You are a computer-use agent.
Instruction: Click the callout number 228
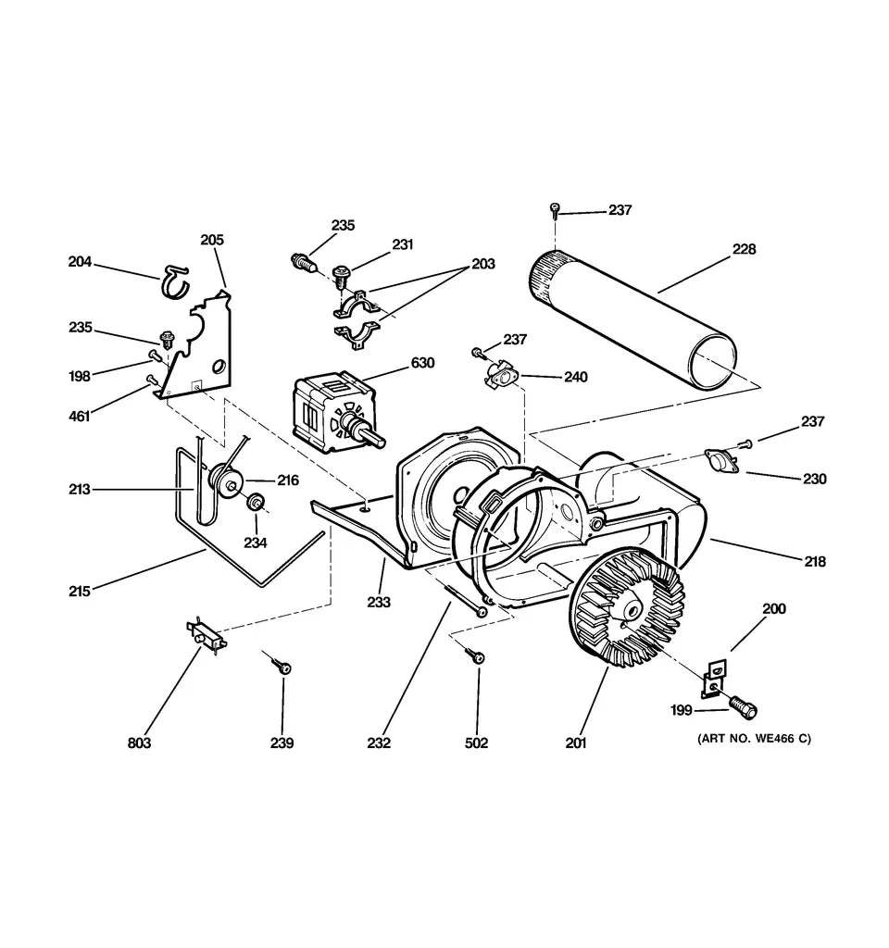[x=744, y=249]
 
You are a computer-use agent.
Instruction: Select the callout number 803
[x=139, y=742]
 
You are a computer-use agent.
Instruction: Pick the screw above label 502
[x=478, y=656]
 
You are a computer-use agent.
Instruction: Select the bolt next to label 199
[x=743, y=707]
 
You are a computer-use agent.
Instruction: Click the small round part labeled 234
[x=253, y=503]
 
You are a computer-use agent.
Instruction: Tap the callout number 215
[x=79, y=590]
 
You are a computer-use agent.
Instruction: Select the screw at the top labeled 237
[x=555, y=207]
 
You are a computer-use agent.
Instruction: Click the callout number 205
[x=212, y=240]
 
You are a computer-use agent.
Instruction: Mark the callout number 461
[x=79, y=416]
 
